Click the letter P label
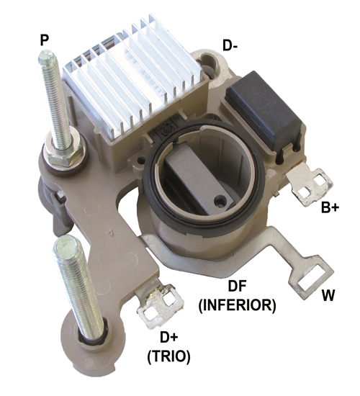44,40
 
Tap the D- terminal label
230,45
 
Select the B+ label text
330,207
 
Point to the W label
328,295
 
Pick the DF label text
237,286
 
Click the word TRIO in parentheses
168,356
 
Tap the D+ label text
169,338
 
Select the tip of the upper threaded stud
46,53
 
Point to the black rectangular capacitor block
265,111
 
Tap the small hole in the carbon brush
219,202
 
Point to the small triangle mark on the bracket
110,231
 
